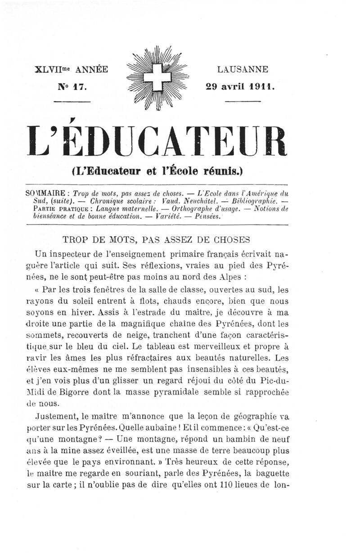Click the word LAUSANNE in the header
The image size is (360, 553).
(x=242, y=70)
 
